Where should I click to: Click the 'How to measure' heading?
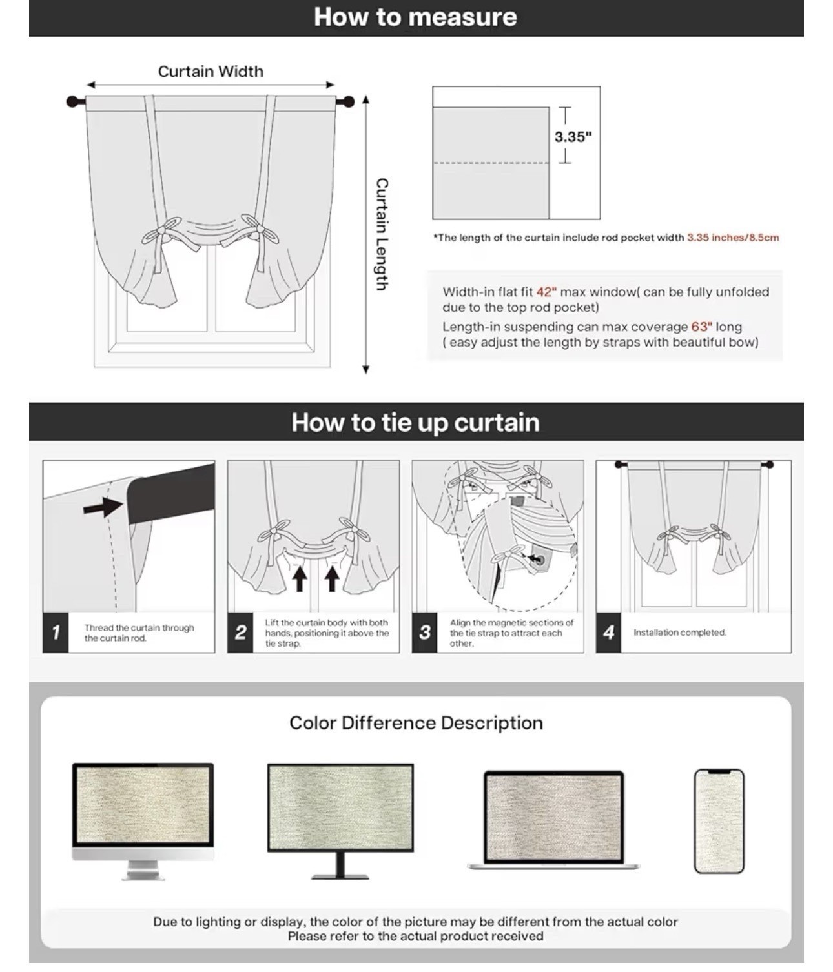tap(415, 17)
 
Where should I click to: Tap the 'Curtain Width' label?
tap(211, 72)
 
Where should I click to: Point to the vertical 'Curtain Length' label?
tap(382, 234)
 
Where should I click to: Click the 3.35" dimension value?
tap(573, 137)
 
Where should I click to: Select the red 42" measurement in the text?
tap(546, 292)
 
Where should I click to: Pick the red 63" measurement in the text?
tap(702, 327)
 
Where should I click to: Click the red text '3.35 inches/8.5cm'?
tap(733, 238)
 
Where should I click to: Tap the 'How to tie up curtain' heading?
tap(415, 422)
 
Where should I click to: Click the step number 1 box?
tap(56, 632)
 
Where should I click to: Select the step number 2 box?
tap(240, 632)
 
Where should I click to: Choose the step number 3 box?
tap(424, 632)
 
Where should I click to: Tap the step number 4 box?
tap(608, 632)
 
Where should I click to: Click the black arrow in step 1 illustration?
tap(103, 507)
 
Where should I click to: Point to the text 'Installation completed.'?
tap(679, 633)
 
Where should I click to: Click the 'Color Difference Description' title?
tap(416, 723)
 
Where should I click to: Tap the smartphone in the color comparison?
tap(719, 821)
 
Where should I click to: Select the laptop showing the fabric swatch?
tap(553, 820)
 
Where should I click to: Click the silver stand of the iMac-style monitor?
tap(143, 869)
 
